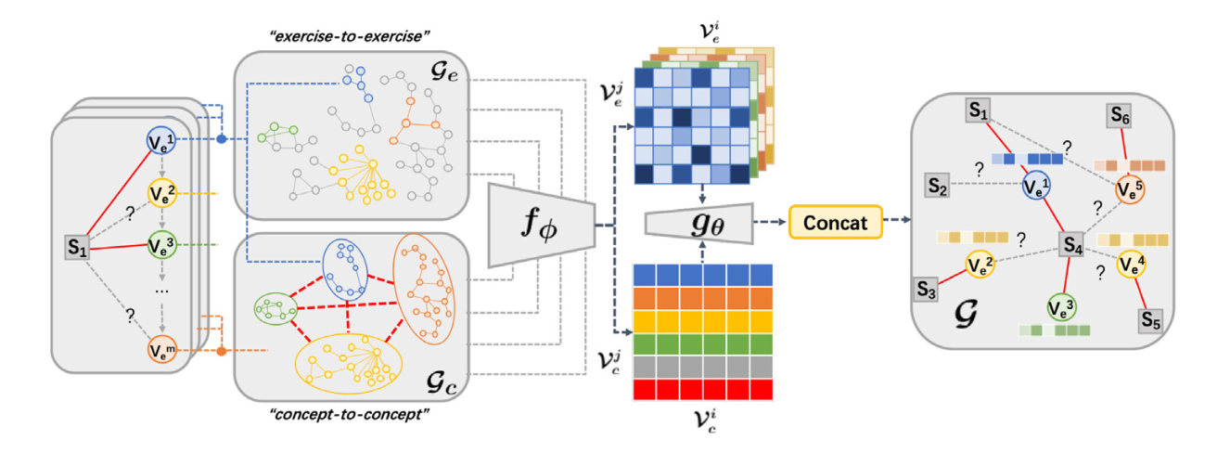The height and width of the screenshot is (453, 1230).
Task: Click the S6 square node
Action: tap(1120, 115)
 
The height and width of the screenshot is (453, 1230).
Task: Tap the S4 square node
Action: tap(1073, 246)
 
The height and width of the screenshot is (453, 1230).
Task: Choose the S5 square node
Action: tap(1151, 321)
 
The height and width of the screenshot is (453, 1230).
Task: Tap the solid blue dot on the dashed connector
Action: tap(221, 139)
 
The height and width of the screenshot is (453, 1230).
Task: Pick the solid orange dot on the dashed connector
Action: tap(221, 352)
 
